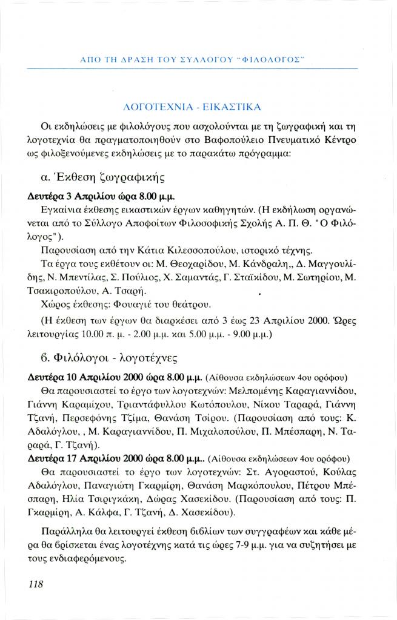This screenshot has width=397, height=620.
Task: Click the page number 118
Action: click(x=35, y=584)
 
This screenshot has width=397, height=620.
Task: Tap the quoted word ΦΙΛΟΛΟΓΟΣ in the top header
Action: click(x=272, y=59)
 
